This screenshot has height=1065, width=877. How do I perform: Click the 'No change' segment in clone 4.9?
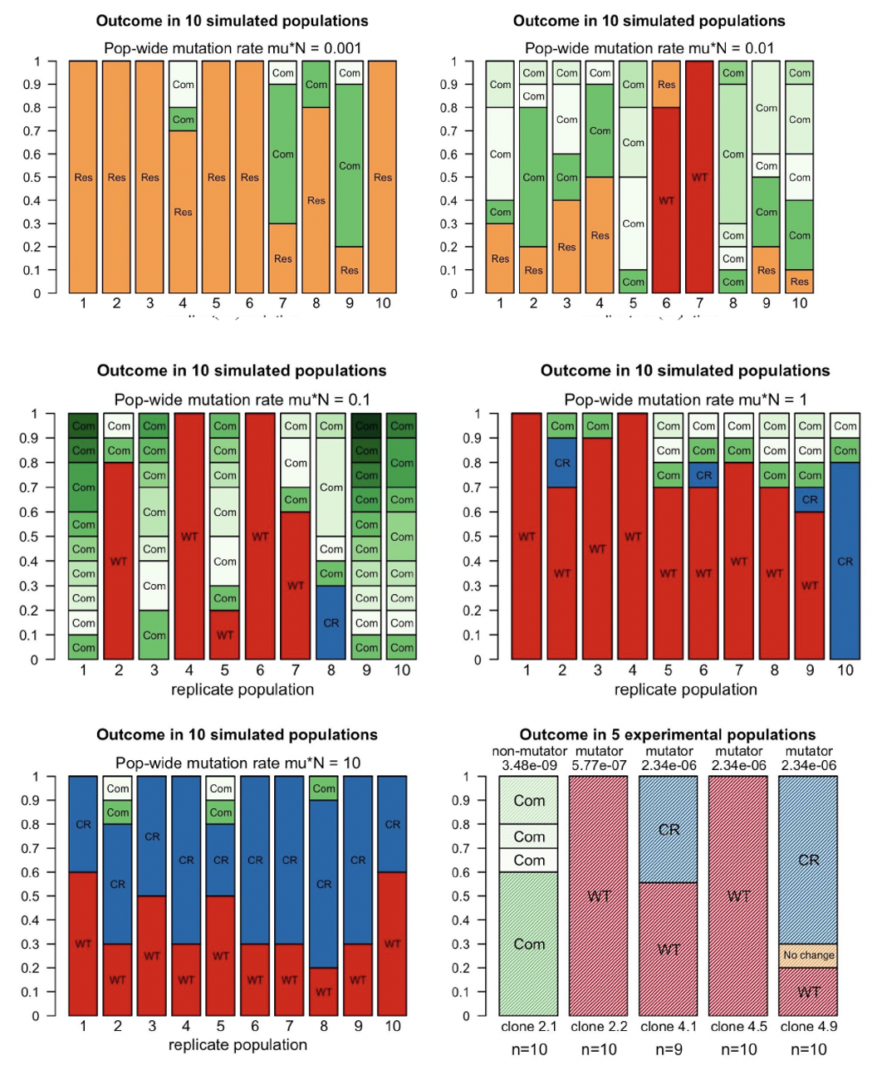(808, 955)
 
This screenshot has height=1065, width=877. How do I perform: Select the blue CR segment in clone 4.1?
(669, 829)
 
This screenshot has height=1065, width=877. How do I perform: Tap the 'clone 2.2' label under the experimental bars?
(599, 1027)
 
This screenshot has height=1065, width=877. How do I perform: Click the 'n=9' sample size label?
(669, 1049)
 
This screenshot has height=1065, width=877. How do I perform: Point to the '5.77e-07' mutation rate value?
(599, 765)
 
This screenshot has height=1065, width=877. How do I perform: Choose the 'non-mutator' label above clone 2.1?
(529, 751)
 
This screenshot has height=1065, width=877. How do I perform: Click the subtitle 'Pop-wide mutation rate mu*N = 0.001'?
(233, 48)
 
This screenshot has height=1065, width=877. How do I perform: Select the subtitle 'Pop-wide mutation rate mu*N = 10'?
(238, 763)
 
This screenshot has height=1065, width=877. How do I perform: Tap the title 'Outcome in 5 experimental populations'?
(668, 734)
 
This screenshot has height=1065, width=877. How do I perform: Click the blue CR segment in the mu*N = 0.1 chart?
(331, 622)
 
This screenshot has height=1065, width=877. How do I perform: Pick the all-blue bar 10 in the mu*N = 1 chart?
(845, 561)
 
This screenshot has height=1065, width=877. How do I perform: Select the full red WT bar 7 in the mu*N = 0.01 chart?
(699, 177)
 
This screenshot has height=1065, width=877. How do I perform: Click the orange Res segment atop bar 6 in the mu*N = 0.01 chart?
(666, 85)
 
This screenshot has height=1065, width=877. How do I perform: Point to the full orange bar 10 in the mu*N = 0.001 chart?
(383, 177)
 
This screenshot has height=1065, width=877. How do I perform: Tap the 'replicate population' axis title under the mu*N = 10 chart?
(238, 1045)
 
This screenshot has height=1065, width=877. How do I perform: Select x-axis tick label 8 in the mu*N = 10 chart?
(324, 1027)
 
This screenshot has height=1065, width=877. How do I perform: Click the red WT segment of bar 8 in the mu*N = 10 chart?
(324, 991)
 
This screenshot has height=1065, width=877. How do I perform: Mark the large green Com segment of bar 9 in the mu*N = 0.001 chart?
(350, 165)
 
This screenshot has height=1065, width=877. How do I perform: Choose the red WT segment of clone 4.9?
(808, 991)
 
